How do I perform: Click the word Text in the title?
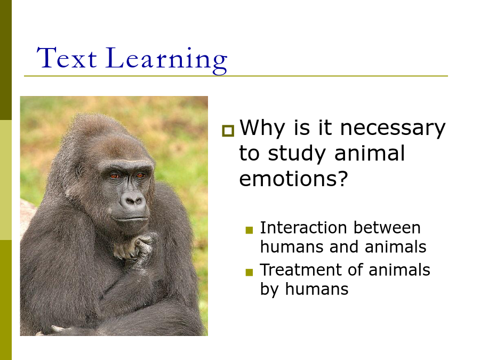67,58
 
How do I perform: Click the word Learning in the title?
166,60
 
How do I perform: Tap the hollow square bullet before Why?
228,131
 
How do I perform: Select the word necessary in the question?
393,129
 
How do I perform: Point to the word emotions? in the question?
293,179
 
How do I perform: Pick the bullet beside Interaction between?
249,230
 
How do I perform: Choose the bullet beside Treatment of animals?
249,272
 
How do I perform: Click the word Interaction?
303,228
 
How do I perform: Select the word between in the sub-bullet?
387,228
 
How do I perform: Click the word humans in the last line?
316,289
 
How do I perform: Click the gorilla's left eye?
140,175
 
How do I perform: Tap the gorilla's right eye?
114,176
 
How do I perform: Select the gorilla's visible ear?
79,171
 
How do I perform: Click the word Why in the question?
262,128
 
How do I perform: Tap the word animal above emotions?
370,153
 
